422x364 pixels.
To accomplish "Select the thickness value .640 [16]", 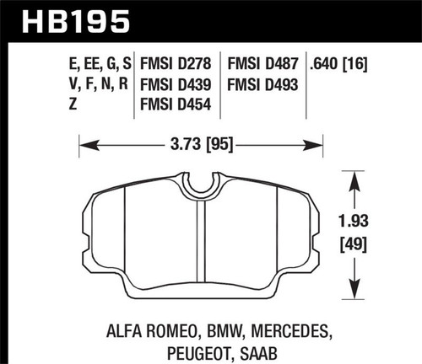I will click(x=344, y=63).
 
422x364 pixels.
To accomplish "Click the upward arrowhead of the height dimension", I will click(x=352, y=175).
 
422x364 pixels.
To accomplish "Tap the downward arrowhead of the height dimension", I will click(x=352, y=297).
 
